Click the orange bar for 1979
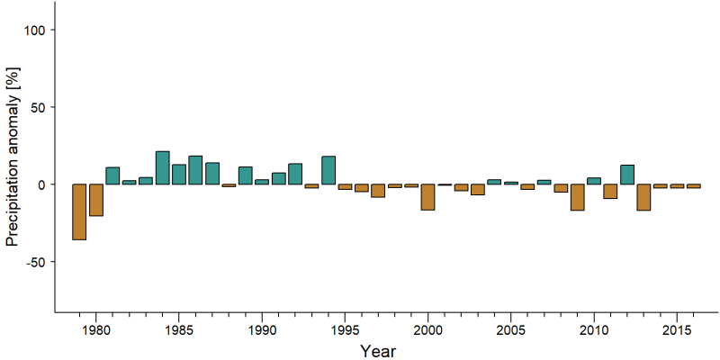coord(79,211)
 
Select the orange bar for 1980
coord(96,200)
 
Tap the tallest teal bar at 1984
coord(163,167)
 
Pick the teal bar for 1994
coord(328,170)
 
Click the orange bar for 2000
coord(428,197)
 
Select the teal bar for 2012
coord(627,175)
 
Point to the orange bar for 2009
coord(577,197)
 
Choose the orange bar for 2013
coord(643,197)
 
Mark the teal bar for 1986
coord(195,170)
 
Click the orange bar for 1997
coord(378,191)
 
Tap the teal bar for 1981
coord(112,175)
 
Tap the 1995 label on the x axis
coord(345,331)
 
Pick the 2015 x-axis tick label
coord(677,331)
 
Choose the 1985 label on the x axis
coord(179,331)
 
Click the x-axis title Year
coord(378,351)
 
